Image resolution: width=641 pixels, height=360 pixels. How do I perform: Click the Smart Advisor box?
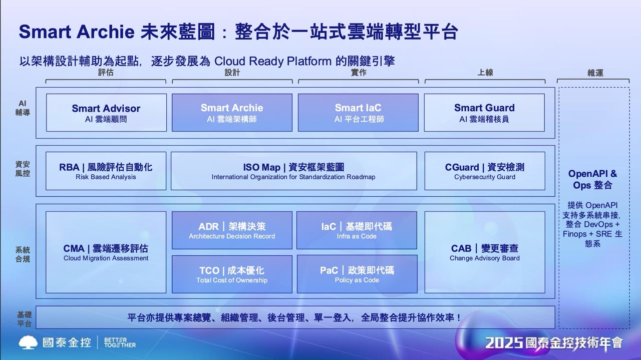tap(106, 113)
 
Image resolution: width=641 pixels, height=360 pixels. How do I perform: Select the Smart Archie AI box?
tap(232, 113)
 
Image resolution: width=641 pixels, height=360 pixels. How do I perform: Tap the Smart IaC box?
tap(358, 113)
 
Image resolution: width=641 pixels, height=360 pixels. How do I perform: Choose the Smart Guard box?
tap(484, 113)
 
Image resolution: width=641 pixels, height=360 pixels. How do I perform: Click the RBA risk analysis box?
tap(106, 171)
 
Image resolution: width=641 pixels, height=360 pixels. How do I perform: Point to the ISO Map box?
tap(294, 171)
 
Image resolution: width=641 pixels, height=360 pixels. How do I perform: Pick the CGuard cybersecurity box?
tap(485, 171)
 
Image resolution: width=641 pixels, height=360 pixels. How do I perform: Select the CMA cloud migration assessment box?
tap(106, 252)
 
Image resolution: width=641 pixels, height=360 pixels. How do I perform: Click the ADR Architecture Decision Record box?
tap(232, 230)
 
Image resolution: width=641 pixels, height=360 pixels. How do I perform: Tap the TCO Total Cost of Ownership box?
tap(232, 274)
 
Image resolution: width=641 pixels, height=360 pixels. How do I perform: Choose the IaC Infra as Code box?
tap(357, 230)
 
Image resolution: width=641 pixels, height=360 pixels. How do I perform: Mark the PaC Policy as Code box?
tap(357, 274)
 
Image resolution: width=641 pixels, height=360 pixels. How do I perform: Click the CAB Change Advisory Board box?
tap(485, 252)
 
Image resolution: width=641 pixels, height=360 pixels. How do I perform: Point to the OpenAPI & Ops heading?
tap(592, 179)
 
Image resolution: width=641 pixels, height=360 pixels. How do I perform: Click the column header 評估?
tap(106, 73)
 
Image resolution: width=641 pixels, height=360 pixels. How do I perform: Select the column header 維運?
tap(595, 73)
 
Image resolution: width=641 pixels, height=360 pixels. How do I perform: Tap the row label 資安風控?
tap(23, 169)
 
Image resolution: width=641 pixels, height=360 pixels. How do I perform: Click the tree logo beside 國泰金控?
tap(28, 342)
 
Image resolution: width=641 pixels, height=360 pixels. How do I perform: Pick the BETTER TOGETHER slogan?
tap(120, 342)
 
